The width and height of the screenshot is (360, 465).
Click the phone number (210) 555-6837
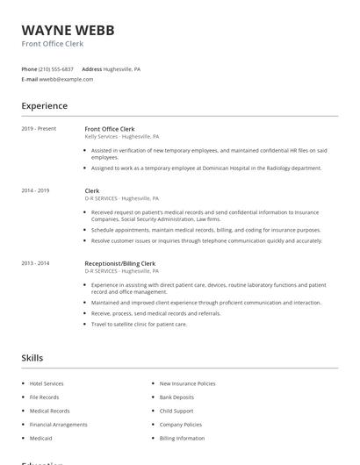pyautogui.click(x=57, y=68)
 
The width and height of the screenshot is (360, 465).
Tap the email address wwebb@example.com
pyautogui.click(x=66, y=79)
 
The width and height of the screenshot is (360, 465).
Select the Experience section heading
pyautogui.click(x=45, y=106)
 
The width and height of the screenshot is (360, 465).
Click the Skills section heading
pyautogui.click(x=32, y=358)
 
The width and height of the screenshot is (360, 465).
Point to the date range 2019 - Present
pyautogui.click(x=39, y=129)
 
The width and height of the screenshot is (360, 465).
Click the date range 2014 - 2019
pyautogui.click(x=35, y=190)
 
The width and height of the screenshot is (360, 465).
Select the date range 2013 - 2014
pyautogui.click(x=35, y=263)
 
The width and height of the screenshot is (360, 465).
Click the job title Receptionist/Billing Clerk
pyautogui.click(x=119, y=263)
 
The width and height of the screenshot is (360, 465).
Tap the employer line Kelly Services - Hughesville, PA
pyautogui.click(x=121, y=137)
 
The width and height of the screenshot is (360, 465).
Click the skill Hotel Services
pyautogui.click(x=47, y=383)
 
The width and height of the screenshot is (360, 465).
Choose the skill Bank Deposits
pyautogui.click(x=176, y=397)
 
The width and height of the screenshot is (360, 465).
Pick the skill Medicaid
pyautogui.click(x=40, y=438)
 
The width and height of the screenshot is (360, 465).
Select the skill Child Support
pyautogui.click(x=176, y=411)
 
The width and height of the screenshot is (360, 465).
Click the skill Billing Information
pyautogui.click(x=182, y=438)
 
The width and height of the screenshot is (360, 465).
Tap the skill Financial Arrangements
pyautogui.click(x=58, y=425)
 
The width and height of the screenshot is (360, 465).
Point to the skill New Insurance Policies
pyautogui.click(x=187, y=383)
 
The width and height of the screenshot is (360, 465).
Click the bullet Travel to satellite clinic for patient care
pyautogui.click(x=139, y=325)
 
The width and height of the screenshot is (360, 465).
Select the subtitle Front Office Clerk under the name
pyautogui.click(x=54, y=43)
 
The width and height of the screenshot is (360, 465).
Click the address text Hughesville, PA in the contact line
pyautogui.click(x=122, y=68)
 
